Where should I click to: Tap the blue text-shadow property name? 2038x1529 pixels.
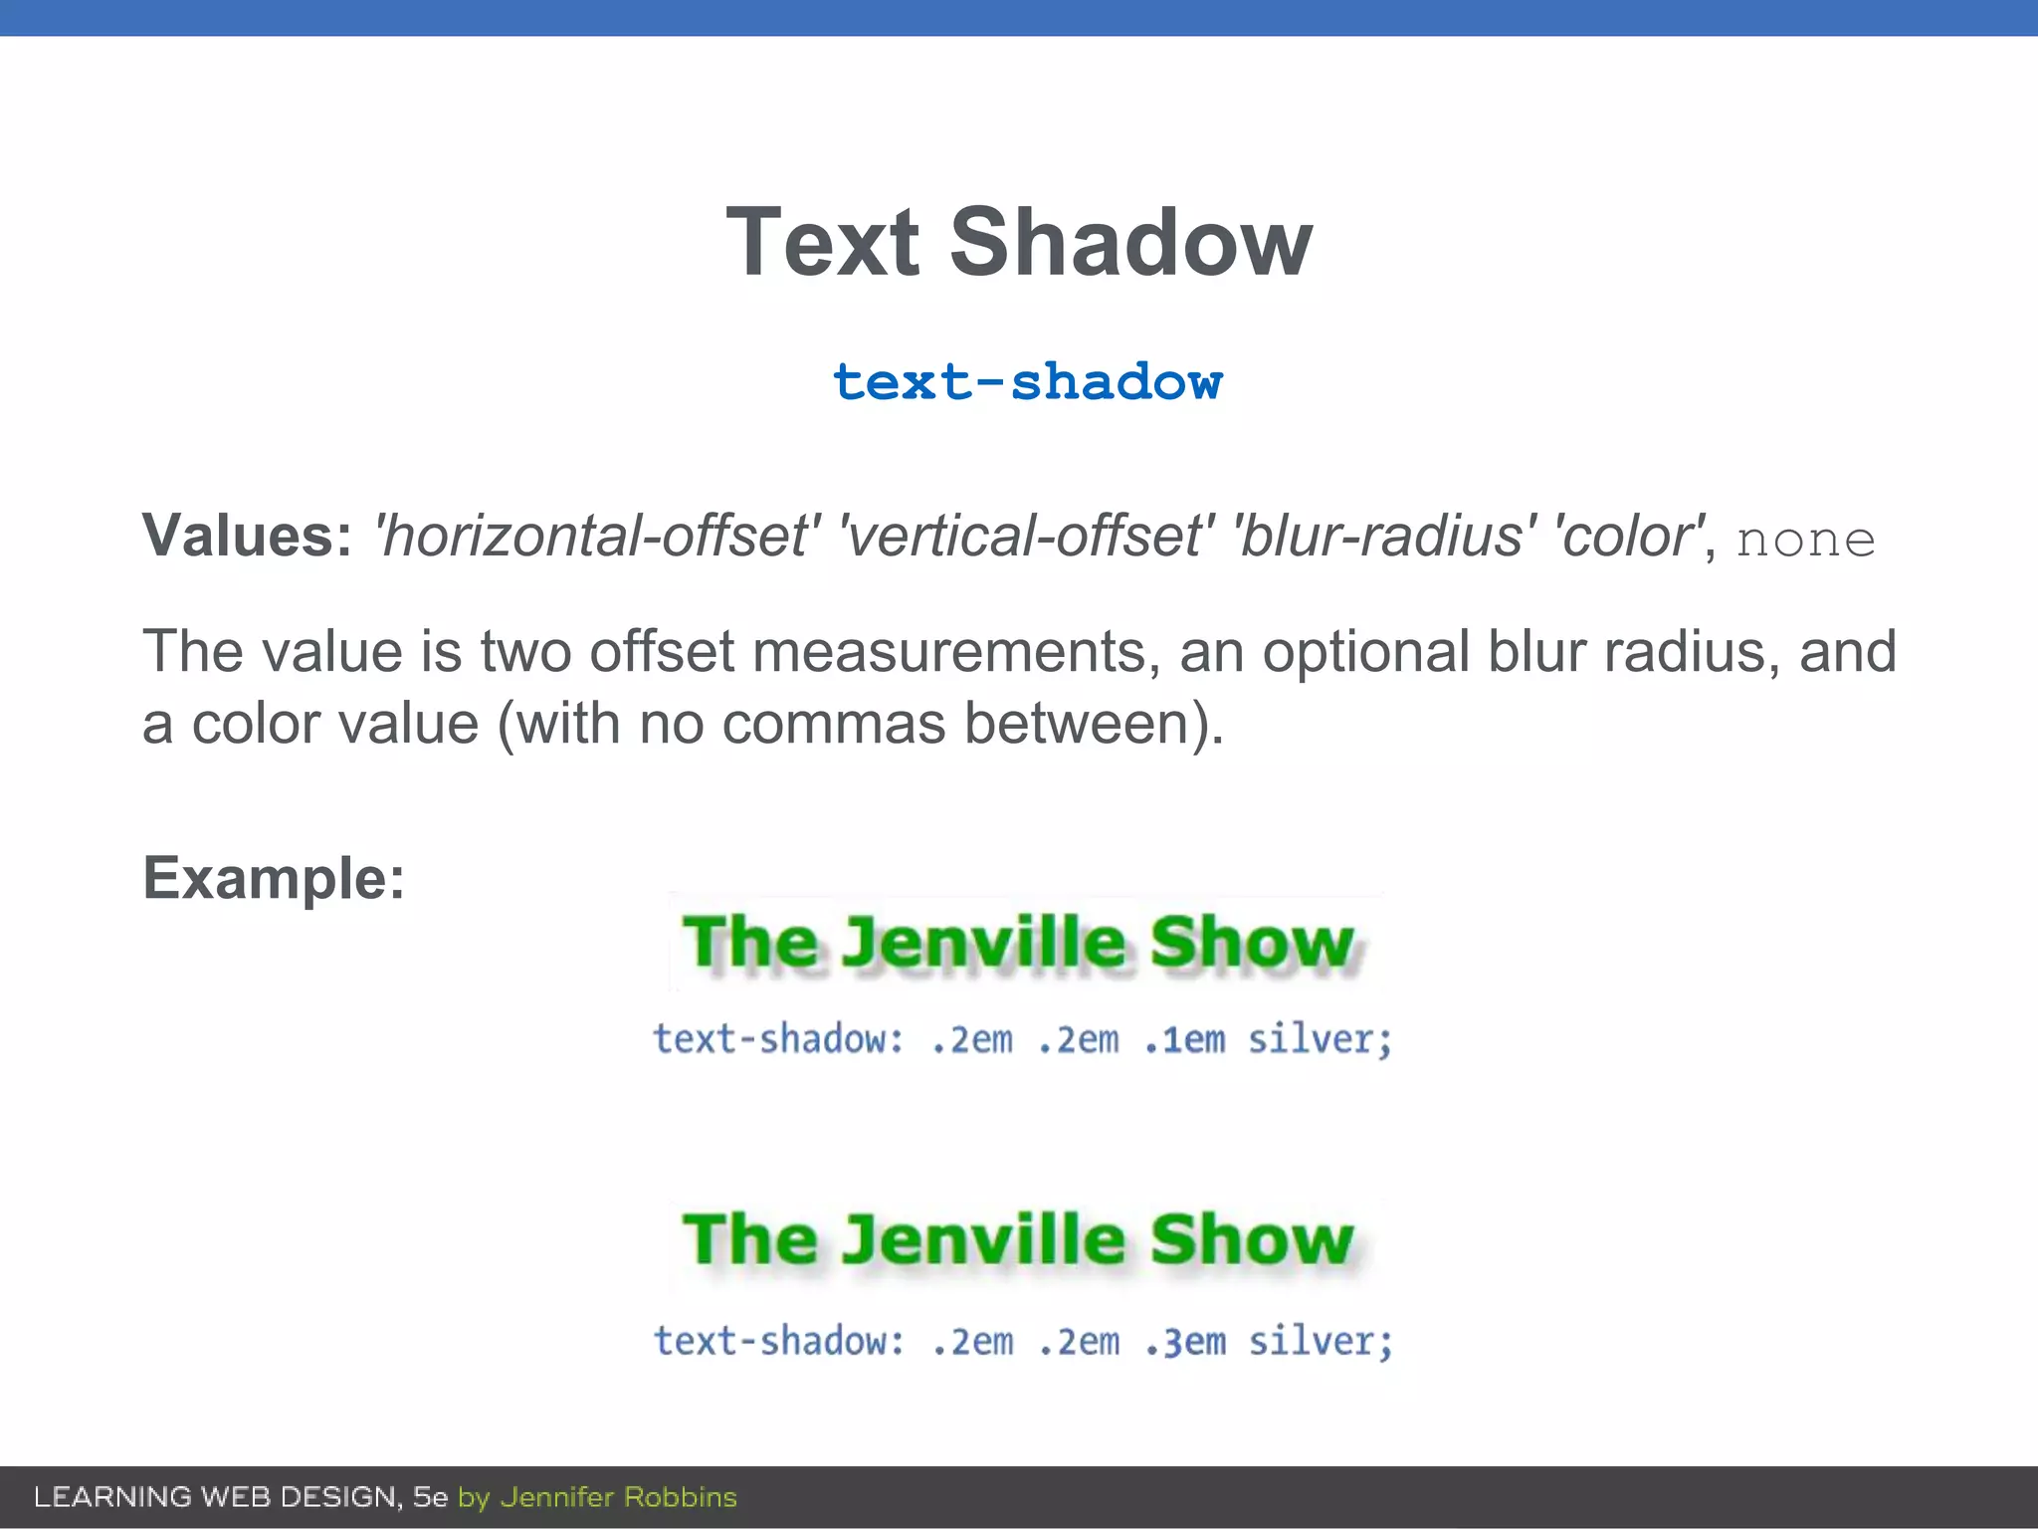point(1027,382)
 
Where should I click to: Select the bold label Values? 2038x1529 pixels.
point(247,536)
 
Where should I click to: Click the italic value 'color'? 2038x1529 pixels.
point(1629,536)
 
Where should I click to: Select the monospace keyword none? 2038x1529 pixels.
point(1805,540)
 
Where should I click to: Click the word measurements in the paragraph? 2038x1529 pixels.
point(955,652)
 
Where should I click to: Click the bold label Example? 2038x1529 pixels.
point(274,878)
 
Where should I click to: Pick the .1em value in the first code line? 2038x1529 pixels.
point(1184,1039)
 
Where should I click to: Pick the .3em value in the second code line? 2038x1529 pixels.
point(1184,1342)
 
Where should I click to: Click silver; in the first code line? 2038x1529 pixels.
point(1320,1039)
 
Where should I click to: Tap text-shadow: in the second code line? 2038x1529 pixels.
point(779,1342)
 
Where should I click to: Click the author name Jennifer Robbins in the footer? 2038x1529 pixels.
point(618,1497)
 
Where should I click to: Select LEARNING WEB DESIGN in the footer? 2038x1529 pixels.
point(216,1497)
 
